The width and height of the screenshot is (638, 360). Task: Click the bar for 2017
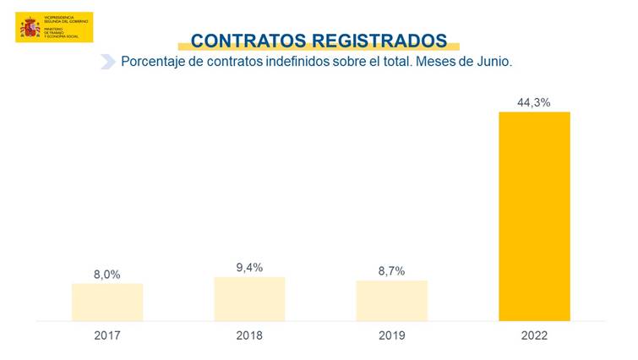click(107, 303)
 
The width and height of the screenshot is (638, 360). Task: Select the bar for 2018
click(249, 299)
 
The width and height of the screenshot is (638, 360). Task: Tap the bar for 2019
click(391, 301)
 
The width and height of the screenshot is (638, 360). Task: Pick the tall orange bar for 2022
click(534, 216)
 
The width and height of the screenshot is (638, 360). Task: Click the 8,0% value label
click(107, 274)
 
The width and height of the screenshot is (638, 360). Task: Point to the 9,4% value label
click(249, 267)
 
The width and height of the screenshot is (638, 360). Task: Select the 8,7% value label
click(391, 270)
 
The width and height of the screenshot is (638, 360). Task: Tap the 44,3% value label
click(534, 102)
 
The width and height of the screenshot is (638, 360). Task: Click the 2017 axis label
click(107, 335)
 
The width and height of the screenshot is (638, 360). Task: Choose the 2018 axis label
click(249, 335)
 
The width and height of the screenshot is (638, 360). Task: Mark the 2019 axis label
click(391, 335)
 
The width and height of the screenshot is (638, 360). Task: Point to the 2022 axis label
click(534, 335)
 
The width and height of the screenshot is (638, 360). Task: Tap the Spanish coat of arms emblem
click(30, 28)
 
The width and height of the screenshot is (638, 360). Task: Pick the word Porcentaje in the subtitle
click(153, 63)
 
